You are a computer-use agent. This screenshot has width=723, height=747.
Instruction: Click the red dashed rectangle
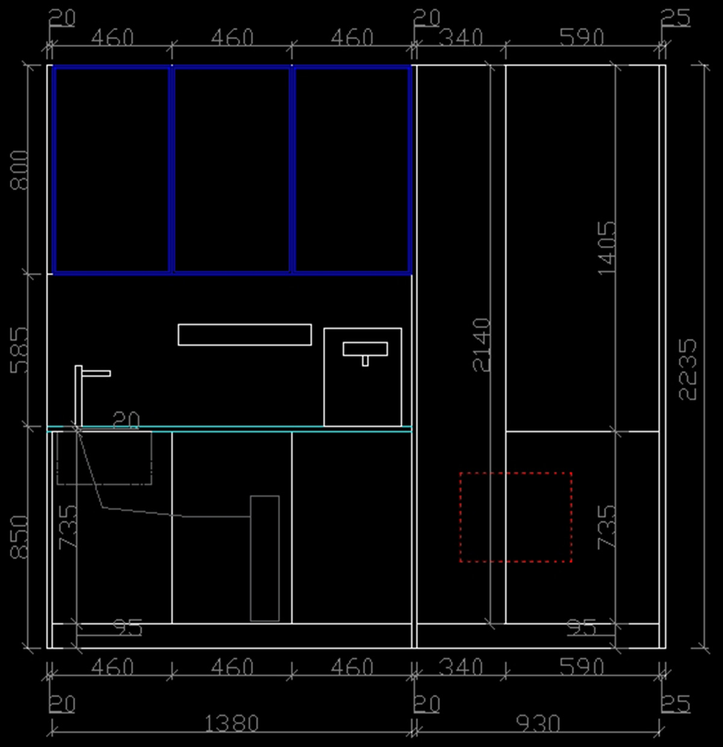460,517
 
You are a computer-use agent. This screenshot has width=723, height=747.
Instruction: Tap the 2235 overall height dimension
687,369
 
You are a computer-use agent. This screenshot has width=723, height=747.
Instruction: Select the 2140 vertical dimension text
481,345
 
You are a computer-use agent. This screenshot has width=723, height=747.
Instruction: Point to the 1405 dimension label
607,248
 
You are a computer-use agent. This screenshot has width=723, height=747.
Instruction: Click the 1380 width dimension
232,723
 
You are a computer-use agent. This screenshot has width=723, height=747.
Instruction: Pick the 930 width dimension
539,723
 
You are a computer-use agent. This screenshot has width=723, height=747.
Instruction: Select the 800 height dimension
19,170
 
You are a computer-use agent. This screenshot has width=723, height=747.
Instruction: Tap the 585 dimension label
19,350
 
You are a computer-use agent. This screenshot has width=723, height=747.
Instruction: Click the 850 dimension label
19,537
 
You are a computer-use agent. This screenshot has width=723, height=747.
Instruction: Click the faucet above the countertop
78,396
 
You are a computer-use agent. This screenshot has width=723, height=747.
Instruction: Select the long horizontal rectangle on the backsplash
245,325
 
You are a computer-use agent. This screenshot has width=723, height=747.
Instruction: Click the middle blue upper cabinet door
232,67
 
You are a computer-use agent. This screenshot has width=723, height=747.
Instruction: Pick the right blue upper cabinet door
352,67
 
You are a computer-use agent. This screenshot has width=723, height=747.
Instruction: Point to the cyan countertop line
230,426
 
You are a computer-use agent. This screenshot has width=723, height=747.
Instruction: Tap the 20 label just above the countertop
126,420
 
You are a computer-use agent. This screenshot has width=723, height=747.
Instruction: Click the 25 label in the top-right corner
676,18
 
